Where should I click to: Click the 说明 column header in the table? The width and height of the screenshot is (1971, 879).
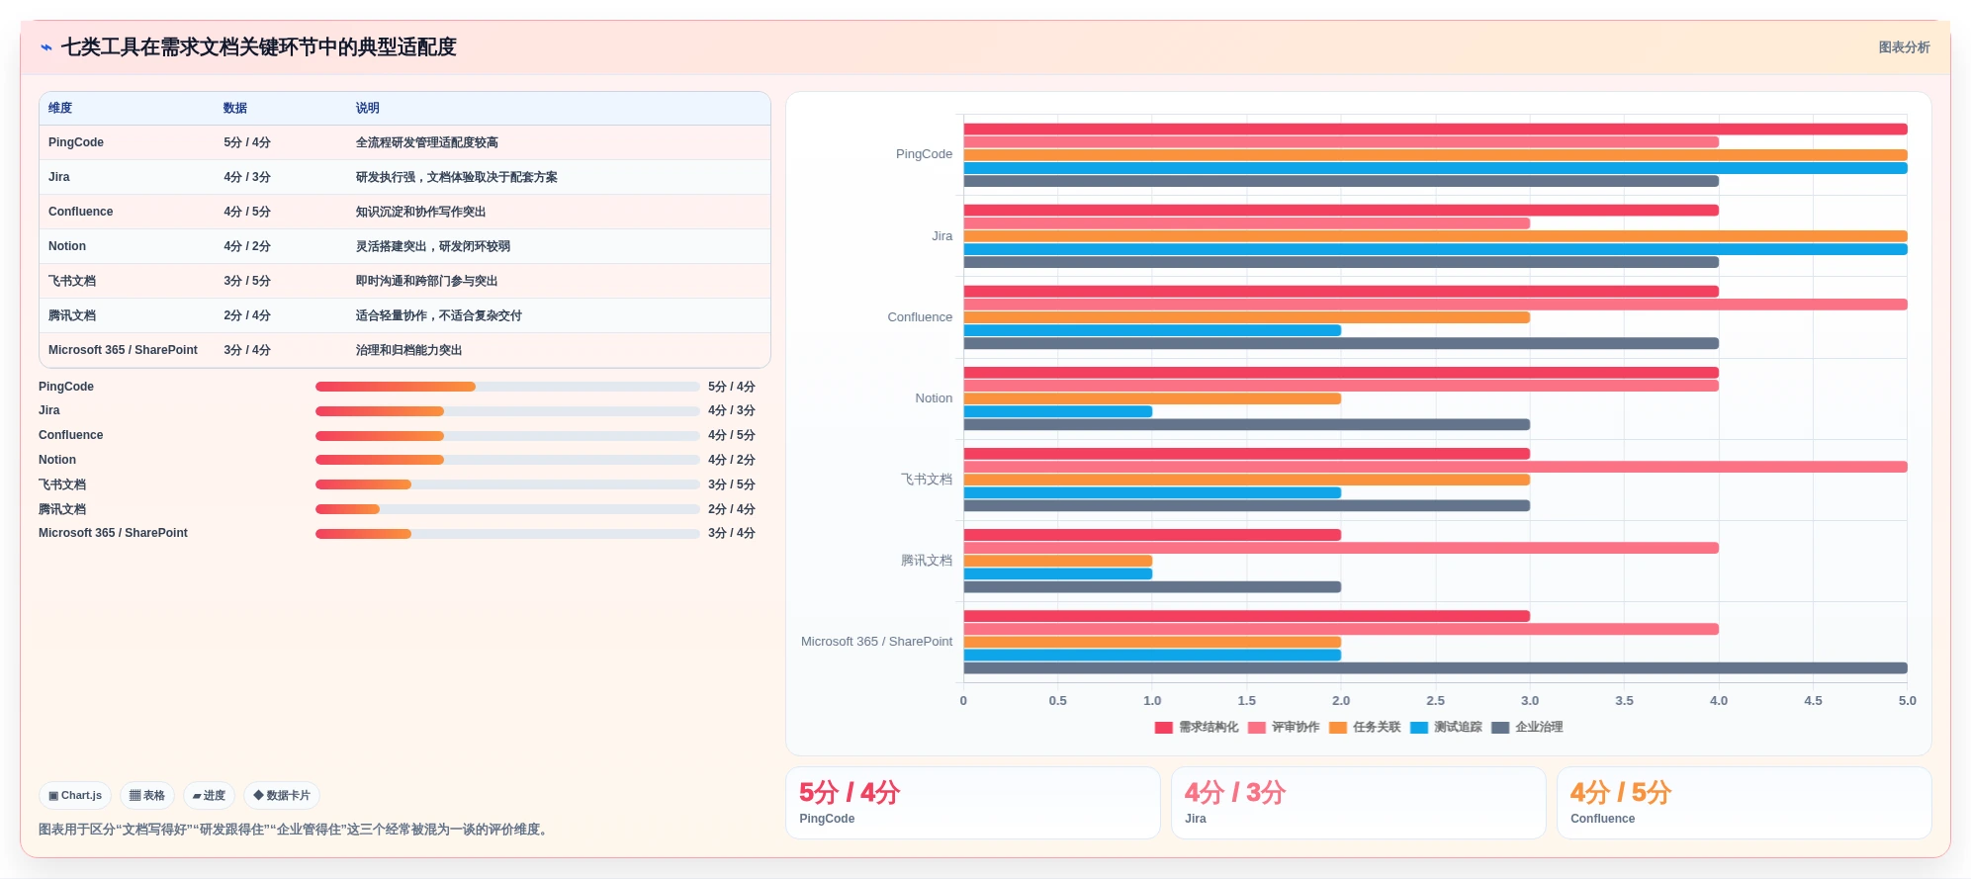tap(367, 108)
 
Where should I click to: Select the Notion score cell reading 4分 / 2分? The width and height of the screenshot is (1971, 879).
tap(246, 246)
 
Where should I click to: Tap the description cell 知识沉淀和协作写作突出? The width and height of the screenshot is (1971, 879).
tap(420, 212)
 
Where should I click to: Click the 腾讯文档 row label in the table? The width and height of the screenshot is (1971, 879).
tap(72, 315)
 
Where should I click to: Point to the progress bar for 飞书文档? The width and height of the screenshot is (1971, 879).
tap(507, 484)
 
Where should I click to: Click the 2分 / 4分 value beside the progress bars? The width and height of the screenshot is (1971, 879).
tap(731, 509)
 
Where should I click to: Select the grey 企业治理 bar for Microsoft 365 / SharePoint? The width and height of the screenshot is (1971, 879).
tap(1435, 668)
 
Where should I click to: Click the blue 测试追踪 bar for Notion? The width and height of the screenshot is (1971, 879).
tap(1058, 411)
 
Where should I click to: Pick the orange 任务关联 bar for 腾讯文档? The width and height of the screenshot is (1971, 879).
tap(1058, 561)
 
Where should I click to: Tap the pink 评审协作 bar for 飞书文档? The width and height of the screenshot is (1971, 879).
tap(1435, 467)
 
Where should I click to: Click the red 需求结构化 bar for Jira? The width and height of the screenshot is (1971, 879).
tap(1341, 210)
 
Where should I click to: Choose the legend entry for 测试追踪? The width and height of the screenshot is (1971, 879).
tap(1446, 727)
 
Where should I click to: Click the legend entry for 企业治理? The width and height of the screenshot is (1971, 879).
tap(1527, 727)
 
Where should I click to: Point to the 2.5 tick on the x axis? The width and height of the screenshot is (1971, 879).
tap(1435, 700)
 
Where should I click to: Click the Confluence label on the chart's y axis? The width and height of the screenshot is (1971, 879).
tap(920, 317)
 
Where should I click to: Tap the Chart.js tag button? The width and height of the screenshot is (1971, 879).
tap(75, 795)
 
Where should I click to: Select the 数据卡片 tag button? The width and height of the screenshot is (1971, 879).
tap(282, 795)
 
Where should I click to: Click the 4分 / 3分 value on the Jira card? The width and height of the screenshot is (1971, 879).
tap(1235, 792)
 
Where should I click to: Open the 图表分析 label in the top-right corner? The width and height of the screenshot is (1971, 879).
tap(1904, 47)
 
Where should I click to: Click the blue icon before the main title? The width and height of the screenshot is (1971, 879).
tap(46, 46)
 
